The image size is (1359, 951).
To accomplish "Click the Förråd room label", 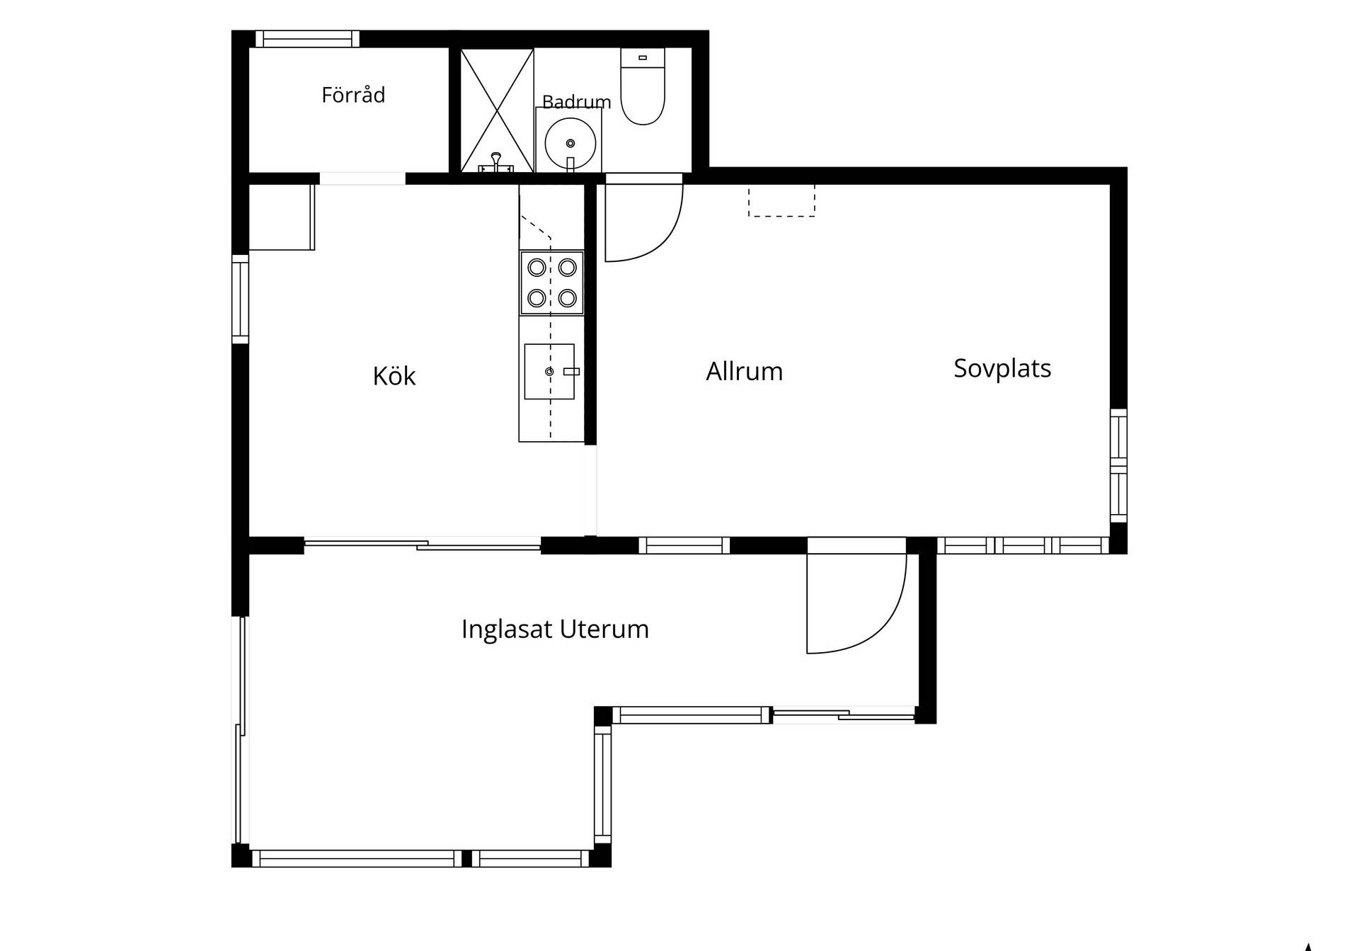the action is click(353, 95).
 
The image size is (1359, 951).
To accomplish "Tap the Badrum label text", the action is click(576, 102).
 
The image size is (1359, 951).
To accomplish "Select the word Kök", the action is click(394, 375).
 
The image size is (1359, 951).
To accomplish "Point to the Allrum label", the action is click(745, 371).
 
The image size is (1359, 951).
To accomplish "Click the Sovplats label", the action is click(1002, 368).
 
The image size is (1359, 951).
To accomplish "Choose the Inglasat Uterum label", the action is click(555, 629).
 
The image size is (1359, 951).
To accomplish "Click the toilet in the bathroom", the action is click(643, 86).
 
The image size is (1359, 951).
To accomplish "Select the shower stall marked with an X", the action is click(497, 110).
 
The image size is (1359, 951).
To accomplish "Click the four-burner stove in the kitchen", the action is click(552, 283).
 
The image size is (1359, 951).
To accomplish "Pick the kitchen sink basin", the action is click(549, 372).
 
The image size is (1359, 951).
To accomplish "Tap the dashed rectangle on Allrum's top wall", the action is click(781, 200).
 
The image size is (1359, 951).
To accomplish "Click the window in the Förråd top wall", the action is click(307, 39).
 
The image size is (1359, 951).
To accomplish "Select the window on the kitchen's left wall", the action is click(241, 299).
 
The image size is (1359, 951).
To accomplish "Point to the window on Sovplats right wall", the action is click(1118, 465).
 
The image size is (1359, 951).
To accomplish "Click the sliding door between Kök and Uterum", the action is click(423, 545).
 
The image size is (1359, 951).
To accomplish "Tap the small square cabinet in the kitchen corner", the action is click(282, 217).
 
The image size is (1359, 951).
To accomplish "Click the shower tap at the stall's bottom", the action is click(496, 163).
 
